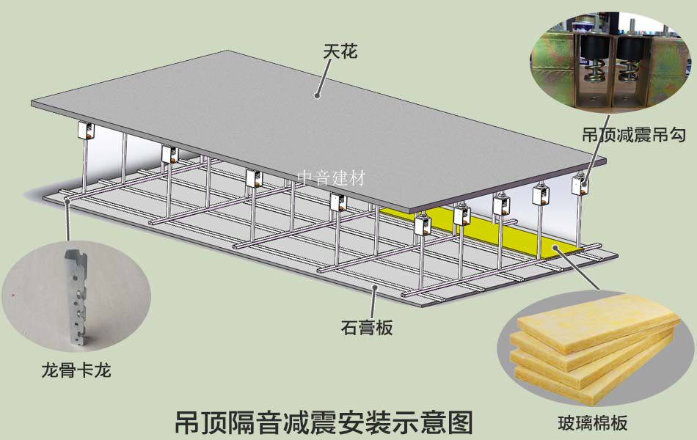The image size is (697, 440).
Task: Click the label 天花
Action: pos(339,54)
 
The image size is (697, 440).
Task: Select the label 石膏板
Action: pos(367,328)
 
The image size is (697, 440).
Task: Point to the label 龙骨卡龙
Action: pos(76,370)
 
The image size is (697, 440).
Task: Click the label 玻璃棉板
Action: pos(592,422)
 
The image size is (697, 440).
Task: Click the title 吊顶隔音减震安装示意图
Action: pos(324,421)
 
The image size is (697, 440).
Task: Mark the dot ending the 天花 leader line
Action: pos(316,95)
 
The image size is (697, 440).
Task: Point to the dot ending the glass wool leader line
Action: pos(556,247)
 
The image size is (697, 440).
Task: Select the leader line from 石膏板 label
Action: pos(375,301)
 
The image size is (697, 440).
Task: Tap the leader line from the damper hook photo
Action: pos(593,147)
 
